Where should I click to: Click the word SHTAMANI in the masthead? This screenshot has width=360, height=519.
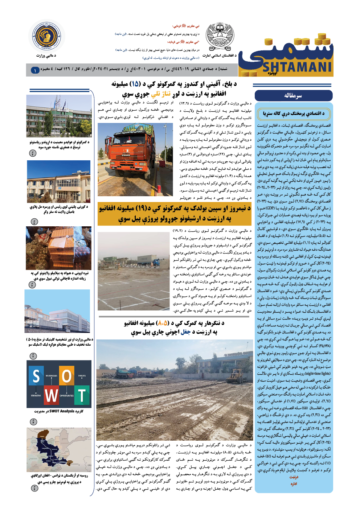[297, 67]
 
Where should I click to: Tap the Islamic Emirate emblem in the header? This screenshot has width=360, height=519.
[220, 38]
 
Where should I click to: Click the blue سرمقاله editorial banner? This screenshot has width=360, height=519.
[294, 95]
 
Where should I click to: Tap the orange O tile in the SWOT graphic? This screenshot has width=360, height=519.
[66, 376]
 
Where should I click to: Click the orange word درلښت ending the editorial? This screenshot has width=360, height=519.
[294, 477]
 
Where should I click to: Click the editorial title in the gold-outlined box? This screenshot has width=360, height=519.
[294, 114]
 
